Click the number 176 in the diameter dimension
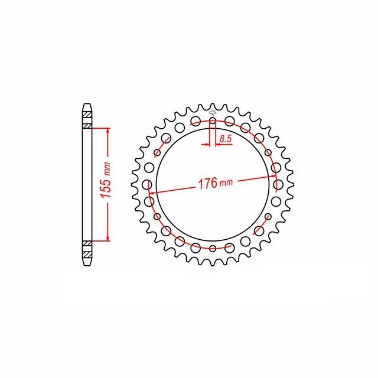point(207,183)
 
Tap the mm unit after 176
point(226,183)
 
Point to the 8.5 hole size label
point(226,139)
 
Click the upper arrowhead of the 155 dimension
point(107,131)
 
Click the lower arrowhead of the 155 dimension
point(107,238)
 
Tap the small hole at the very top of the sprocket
point(213,120)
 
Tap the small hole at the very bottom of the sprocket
point(213,248)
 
